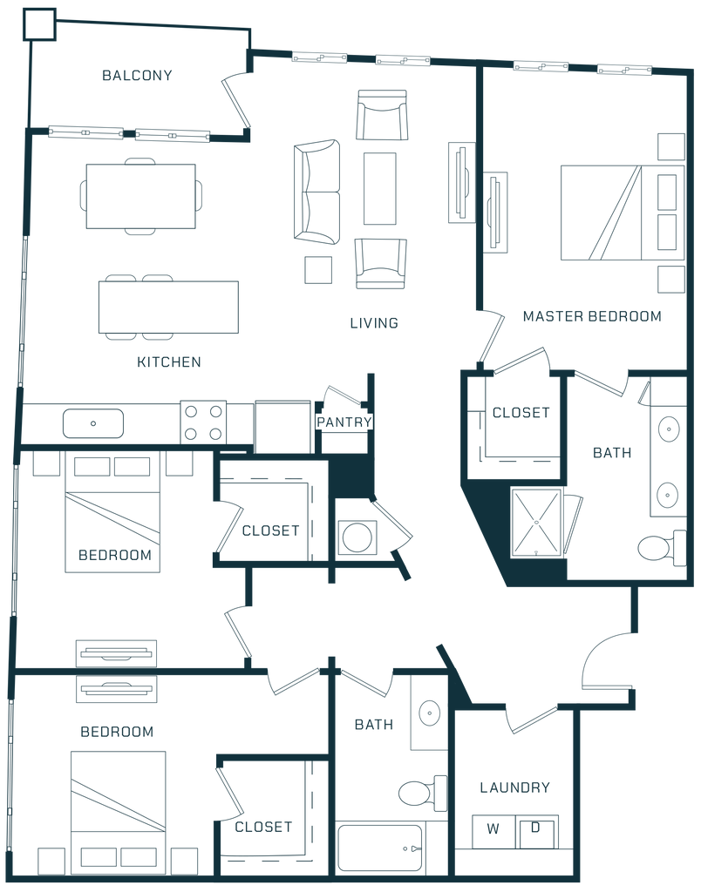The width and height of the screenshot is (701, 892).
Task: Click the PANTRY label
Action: [x=344, y=422]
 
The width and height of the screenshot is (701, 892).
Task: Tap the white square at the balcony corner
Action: [x=39, y=24]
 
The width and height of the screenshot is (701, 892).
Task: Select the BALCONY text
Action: [x=138, y=75]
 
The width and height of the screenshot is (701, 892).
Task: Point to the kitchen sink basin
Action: [x=92, y=423]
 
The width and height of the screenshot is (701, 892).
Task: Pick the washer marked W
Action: [x=493, y=829]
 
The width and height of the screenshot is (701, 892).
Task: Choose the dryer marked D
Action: [x=538, y=829]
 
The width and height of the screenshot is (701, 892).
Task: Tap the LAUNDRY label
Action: [x=514, y=787]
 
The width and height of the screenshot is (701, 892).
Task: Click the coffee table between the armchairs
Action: [x=380, y=187]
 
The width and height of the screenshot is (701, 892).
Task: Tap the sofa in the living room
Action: [x=316, y=191]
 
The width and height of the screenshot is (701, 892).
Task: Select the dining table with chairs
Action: [x=140, y=195]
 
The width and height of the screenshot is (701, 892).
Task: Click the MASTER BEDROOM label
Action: [x=591, y=316]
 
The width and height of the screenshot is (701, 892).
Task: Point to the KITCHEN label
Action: [x=168, y=362]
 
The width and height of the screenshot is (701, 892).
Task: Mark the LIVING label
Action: [x=374, y=323]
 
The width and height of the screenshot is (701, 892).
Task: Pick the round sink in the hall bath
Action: [x=428, y=712]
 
